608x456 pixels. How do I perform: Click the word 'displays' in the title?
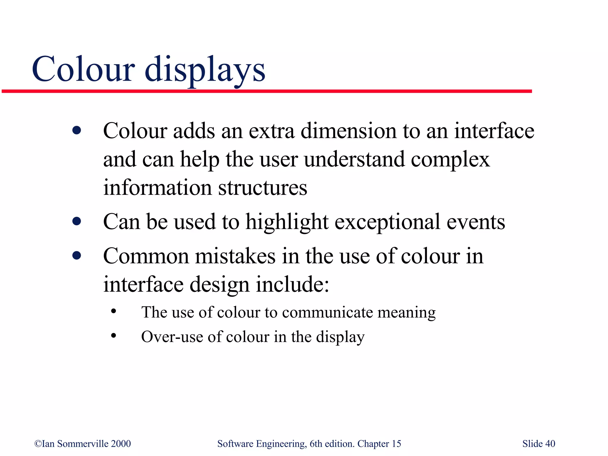[205, 70]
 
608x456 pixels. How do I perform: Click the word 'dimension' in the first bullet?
[349, 131]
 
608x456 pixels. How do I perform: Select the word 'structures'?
[263, 188]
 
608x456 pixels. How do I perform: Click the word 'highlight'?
[287, 222]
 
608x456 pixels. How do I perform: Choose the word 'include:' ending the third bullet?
[292, 284]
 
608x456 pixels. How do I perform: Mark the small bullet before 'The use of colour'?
[113, 311]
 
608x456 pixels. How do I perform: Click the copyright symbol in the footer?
[38, 444]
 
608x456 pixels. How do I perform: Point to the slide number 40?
[550, 444]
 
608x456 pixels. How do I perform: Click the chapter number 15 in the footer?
[396, 444]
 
